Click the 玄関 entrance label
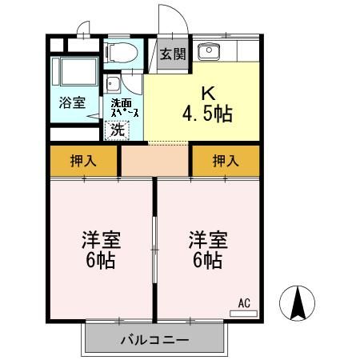pos(171,54)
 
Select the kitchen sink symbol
pos(210,53)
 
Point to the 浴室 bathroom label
pos(70,102)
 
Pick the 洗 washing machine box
pos(118,129)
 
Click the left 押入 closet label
pos(83,161)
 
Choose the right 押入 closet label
pos(225,161)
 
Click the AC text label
pos(245,303)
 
